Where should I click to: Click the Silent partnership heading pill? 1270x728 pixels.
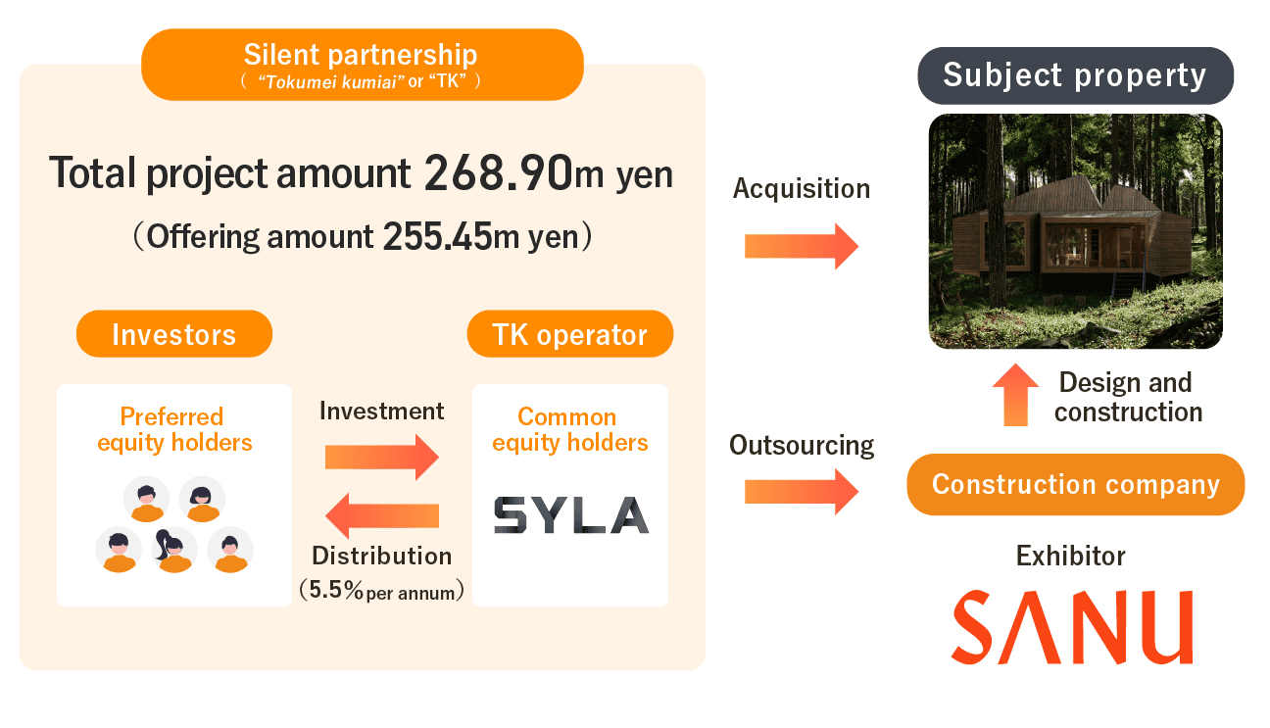click(363, 64)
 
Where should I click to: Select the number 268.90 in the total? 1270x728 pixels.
click(498, 173)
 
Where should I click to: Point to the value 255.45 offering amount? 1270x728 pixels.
click(436, 236)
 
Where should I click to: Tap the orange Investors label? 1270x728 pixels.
click(174, 334)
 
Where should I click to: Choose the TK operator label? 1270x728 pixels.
click(569, 334)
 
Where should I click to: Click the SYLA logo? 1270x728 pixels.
click(570, 515)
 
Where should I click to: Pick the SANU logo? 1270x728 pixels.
click(1071, 627)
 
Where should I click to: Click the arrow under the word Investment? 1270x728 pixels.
click(381, 457)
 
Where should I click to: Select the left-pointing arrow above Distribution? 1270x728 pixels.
click(381, 515)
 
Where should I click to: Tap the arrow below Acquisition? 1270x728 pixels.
click(801, 246)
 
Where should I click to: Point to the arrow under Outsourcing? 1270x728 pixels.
click(801, 491)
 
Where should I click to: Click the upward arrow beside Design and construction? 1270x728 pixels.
click(1014, 395)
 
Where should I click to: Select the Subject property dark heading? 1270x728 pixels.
click(1075, 75)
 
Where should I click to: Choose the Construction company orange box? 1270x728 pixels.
click(1075, 484)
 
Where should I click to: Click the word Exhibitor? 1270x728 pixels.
click(1070, 557)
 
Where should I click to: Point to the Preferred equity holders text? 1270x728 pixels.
click(174, 430)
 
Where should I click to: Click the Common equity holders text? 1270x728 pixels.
click(569, 430)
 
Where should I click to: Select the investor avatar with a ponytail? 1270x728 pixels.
click(174, 551)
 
